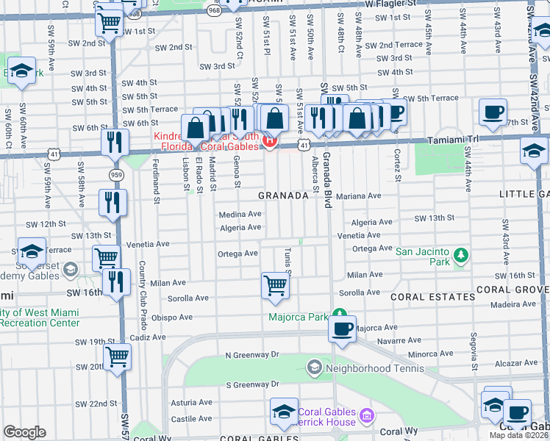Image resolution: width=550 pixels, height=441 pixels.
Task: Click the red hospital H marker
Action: tap(270, 140)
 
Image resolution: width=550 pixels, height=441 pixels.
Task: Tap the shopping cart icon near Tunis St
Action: tap(275, 284)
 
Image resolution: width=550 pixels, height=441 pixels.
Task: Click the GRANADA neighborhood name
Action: tap(283, 196)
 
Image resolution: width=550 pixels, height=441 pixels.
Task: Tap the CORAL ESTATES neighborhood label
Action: tap(432, 297)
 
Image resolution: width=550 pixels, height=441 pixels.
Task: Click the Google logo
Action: tap(24, 432)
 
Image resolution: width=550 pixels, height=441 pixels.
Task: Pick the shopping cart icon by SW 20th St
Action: tap(118, 357)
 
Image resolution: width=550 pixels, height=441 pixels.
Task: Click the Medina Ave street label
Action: tap(240, 215)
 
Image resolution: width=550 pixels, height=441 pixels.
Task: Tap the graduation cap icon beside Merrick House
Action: tap(284, 412)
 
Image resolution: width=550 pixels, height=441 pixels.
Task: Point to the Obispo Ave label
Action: tap(172, 318)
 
